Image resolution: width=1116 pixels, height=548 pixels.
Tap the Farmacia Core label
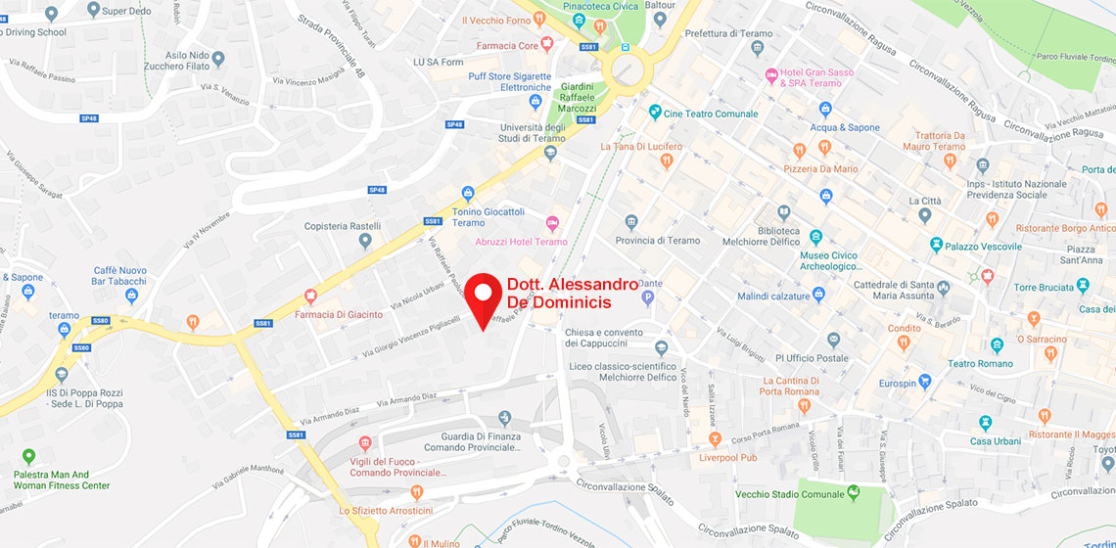click(x=507, y=45)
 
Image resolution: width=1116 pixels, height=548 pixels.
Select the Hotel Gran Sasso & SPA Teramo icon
click(x=771, y=74)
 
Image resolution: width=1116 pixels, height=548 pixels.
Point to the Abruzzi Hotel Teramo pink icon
click(x=552, y=224)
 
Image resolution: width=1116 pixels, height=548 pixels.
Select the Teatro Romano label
click(x=975, y=364)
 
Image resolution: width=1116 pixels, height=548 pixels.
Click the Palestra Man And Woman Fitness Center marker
click(x=27, y=456)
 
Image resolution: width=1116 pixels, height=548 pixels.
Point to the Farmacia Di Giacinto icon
click(x=312, y=297)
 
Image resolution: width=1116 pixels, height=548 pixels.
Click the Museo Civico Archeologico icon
click(x=816, y=237)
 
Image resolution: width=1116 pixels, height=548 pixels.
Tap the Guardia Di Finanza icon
click(x=505, y=419)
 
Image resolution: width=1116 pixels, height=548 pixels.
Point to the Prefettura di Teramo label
click(x=728, y=33)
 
